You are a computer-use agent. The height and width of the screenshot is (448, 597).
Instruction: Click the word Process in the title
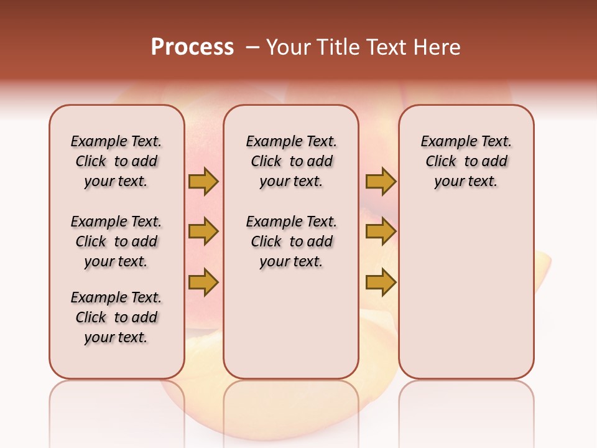192,47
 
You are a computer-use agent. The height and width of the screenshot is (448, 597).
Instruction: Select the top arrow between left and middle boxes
203,182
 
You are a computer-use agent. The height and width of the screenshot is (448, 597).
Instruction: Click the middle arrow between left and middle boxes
203,232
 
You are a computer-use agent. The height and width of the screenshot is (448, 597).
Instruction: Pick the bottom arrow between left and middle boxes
203,282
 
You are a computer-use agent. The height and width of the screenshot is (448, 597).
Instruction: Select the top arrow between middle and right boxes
381,182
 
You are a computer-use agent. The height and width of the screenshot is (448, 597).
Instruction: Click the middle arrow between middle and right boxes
381,232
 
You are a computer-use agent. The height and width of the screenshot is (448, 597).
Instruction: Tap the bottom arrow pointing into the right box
381,282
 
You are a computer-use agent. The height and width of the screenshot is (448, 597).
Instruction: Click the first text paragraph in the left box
116,161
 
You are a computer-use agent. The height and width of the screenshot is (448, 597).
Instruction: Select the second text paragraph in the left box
116,241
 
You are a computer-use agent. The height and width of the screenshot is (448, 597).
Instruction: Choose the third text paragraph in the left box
116,317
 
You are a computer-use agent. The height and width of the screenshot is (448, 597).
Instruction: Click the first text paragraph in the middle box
291,161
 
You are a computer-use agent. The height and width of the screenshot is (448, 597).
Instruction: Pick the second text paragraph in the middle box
291,241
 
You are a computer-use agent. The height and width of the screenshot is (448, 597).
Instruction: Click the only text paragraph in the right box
466,161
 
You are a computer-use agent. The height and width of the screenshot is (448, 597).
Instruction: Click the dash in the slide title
252,47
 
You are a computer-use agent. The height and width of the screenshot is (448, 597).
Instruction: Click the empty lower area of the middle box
291,324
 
